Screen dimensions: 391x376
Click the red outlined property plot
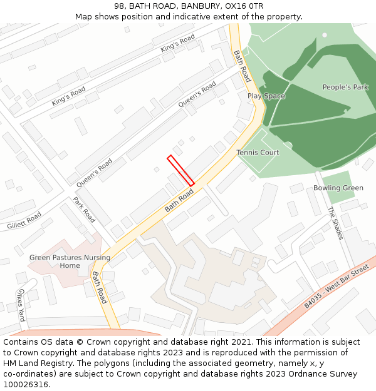180,170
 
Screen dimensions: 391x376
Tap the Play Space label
266,96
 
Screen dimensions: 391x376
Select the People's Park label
345,88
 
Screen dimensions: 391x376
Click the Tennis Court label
258,153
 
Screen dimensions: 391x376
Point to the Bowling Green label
338,188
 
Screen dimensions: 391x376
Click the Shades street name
336,223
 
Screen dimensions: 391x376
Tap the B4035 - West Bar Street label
337,285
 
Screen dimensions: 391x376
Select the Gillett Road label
23,220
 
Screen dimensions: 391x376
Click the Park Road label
84,210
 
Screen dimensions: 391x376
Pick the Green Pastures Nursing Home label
70,262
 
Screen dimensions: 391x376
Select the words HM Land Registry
36,363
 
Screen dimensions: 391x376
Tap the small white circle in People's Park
325,35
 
